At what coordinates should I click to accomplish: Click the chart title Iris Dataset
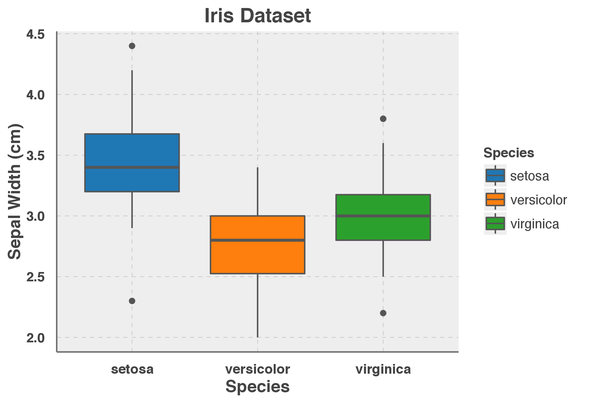click(x=257, y=16)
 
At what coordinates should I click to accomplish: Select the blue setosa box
click(x=132, y=150)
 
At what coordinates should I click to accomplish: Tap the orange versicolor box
click(x=257, y=257)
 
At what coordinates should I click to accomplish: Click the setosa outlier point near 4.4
click(x=132, y=46)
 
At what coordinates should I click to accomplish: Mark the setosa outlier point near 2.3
click(x=132, y=301)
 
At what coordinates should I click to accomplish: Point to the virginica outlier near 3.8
click(x=383, y=119)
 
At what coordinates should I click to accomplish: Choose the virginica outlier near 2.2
click(x=383, y=313)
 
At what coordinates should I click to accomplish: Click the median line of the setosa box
click(x=132, y=167)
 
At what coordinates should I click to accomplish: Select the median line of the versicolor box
click(x=257, y=240)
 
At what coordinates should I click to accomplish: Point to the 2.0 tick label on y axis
click(x=35, y=338)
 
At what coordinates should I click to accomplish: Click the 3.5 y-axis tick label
click(x=35, y=156)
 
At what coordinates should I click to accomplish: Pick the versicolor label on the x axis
click(x=257, y=369)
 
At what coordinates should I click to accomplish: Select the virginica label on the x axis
click(x=383, y=369)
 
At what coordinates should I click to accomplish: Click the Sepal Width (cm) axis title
click(x=15, y=192)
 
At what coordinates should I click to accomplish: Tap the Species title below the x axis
click(x=257, y=387)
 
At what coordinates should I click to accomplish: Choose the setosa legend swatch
click(x=495, y=176)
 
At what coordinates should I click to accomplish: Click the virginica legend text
click(x=535, y=224)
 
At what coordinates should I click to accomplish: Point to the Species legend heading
click(x=509, y=153)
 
